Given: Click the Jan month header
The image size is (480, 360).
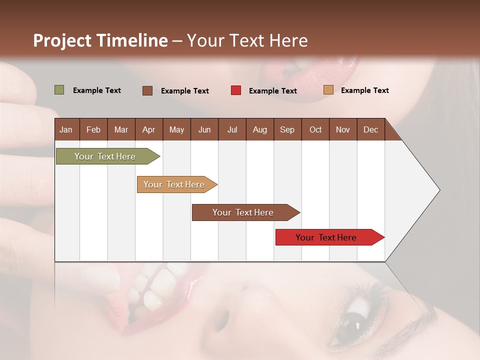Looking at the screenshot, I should click(66, 129).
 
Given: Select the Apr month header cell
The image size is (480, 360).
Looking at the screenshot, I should click(149, 129).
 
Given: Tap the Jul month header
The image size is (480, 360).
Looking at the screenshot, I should click(232, 129).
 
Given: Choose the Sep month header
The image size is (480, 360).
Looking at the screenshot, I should click(287, 129).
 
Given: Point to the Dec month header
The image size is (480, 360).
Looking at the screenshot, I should click(370, 129).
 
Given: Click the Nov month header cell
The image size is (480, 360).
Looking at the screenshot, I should click(343, 129).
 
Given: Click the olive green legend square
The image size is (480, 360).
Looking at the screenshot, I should click(59, 90).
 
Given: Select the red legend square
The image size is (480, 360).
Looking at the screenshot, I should click(236, 90).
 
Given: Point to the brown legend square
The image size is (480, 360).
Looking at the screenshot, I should click(147, 90).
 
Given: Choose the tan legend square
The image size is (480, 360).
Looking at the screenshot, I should click(328, 90).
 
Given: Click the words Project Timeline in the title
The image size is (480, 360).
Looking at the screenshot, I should click(100, 40).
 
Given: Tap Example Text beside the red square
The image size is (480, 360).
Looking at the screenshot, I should click(272, 91).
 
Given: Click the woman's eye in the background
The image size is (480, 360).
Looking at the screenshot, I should click(358, 320).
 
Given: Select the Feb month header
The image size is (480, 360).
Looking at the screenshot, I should click(93, 129).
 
